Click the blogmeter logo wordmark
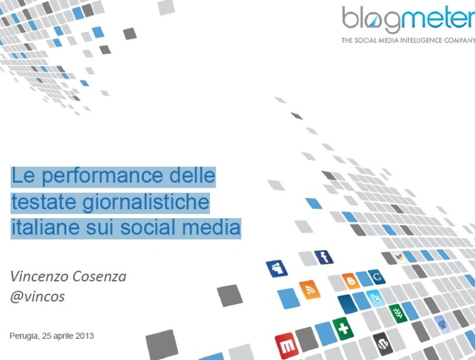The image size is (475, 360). pos(407,20)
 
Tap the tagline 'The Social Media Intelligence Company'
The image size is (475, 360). pos(407,41)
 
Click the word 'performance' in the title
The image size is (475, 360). pos(96,177)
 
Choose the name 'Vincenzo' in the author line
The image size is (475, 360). pos(38,276)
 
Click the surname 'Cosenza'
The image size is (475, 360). pos(97,276)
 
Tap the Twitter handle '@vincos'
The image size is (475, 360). pos(37,296)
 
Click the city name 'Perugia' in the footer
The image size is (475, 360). pos(24,336)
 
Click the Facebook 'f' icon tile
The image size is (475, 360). pos(323,257)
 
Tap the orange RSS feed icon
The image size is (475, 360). pos(309,289)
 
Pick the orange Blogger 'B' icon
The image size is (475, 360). pos(351,281)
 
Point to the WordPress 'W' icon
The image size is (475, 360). pos(382,342)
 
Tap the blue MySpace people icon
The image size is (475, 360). pos(276,269)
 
